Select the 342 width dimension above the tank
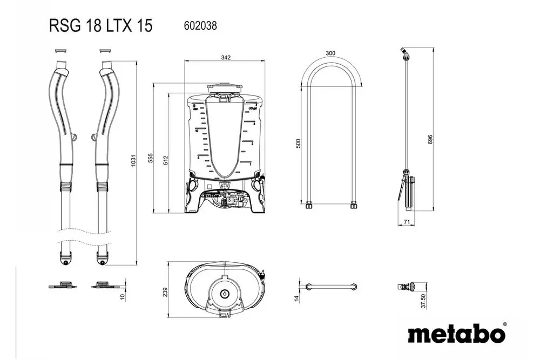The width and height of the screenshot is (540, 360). (226, 57)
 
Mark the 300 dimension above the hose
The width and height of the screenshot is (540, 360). (330, 53)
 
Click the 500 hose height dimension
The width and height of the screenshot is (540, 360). (299, 144)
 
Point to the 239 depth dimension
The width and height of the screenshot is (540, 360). (165, 291)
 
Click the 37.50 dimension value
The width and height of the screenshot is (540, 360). (423, 301)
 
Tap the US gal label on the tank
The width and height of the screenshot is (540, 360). (251, 108)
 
